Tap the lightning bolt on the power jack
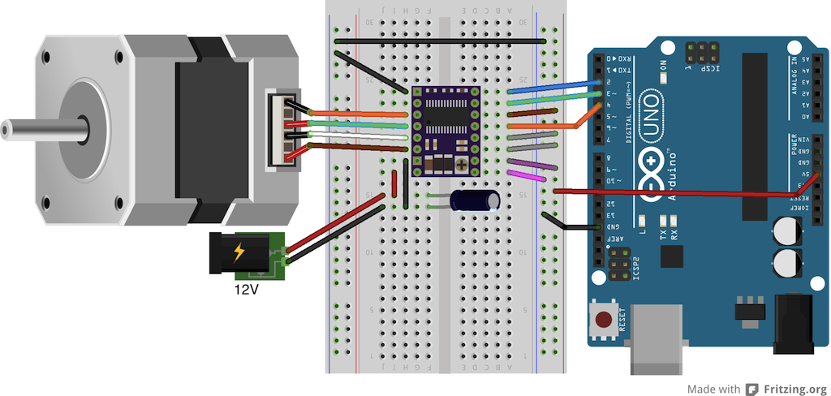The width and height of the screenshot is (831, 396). (239, 252)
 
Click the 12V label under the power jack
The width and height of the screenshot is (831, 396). (246, 289)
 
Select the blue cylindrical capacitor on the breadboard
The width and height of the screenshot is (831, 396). (471, 200)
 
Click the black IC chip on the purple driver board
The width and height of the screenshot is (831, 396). (446, 122)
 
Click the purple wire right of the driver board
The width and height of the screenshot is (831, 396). (532, 164)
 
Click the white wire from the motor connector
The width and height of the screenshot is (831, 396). (357, 137)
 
